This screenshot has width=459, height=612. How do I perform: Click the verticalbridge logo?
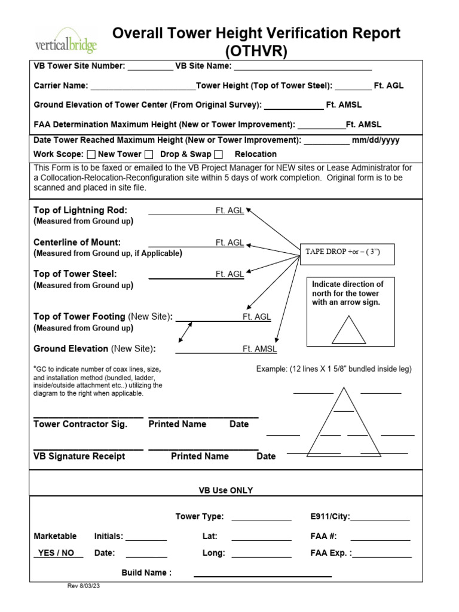65,41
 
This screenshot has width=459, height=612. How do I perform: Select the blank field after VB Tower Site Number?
150,68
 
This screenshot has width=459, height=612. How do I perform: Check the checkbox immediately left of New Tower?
90,154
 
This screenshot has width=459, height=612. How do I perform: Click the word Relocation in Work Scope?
256,154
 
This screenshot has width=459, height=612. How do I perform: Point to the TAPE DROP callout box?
342,252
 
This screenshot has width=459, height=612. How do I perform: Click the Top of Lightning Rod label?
80,210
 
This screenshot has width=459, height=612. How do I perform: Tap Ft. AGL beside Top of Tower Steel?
229,274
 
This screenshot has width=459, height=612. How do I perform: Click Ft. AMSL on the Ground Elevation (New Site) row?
259,349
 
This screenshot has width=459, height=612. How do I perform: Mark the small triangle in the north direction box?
349,329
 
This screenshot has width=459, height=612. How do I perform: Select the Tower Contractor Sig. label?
80,424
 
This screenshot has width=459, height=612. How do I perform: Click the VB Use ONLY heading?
226,491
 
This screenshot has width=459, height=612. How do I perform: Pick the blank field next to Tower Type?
261,518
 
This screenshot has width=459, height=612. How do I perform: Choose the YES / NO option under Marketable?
56,553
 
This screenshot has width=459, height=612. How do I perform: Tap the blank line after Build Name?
262,574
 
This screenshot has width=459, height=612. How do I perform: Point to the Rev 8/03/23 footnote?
83,586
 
